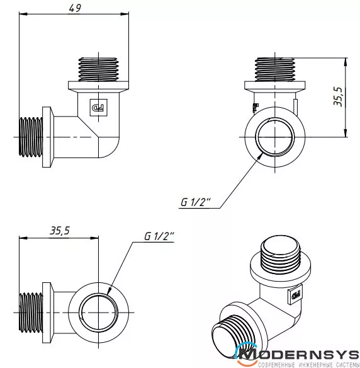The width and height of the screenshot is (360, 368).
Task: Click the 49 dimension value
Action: [x=75, y=8]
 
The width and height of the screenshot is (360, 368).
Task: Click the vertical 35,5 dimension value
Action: [x=338, y=96]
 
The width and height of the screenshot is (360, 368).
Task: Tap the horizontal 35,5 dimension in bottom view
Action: [x=60, y=231]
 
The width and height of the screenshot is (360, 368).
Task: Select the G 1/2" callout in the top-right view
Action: [x=196, y=202]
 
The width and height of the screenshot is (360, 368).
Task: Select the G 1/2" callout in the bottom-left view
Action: [x=159, y=236]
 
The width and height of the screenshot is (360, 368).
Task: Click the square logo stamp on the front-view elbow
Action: [x=99, y=108]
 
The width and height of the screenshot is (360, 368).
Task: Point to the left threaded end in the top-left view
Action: [x=31, y=137]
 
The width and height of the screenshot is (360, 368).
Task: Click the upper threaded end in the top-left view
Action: [x=98, y=69]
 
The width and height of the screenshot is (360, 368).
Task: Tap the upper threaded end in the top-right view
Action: [x=274, y=69]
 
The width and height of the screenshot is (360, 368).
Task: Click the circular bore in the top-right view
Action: [x=274, y=137]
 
